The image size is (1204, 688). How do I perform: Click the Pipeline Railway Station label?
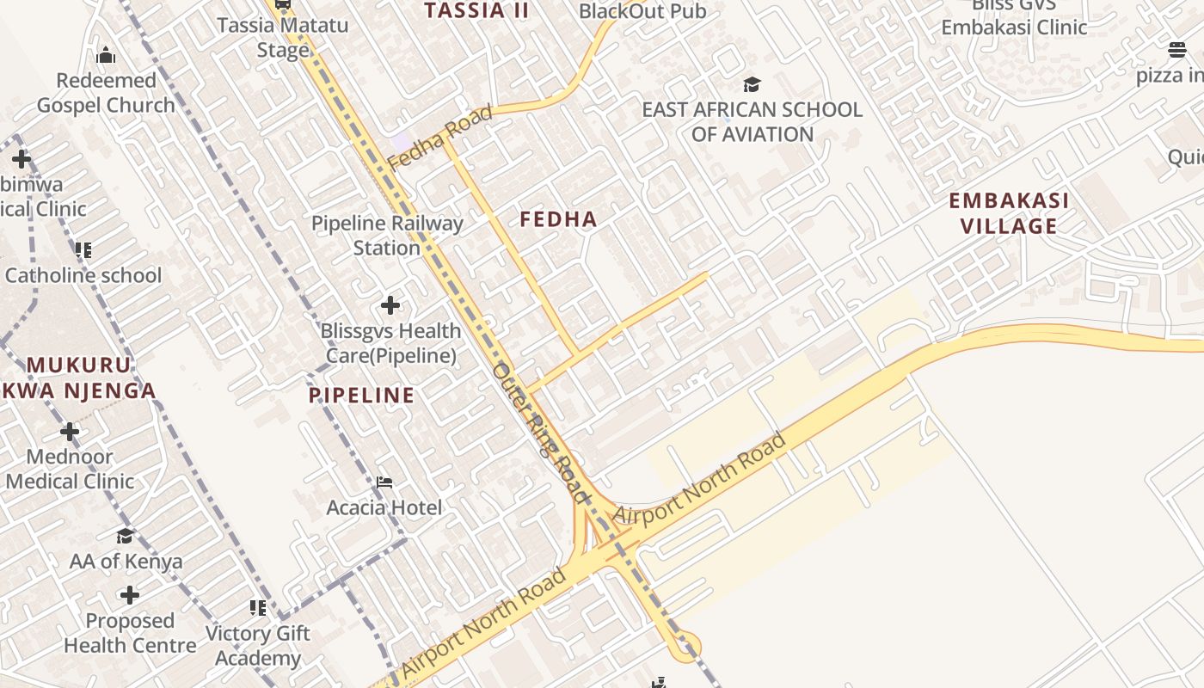pyautogui.click(x=387, y=236)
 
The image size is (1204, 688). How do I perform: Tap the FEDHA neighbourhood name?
pyautogui.click(x=558, y=219)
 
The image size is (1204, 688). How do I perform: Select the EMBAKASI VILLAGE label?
pyautogui.click(x=1009, y=213)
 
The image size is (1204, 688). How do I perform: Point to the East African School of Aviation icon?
pyautogui.click(x=752, y=84)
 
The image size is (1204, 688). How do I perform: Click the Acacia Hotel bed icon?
pyautogui.click(x=384, y=482)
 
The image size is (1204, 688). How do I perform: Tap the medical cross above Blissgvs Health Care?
pyautogui.click(x=390, y=305)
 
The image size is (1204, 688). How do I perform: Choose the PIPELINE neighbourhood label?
pyautogui.click(x=361, y=396)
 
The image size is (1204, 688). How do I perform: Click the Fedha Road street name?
pyautogui.click(x=439, y=137)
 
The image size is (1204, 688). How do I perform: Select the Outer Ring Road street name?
pyautogui.click(x=541, y=433)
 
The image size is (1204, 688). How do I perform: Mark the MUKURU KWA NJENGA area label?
pyautogui.click(x=82, y=378)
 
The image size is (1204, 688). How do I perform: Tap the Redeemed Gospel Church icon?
pyautogui.click(x=106, y=56)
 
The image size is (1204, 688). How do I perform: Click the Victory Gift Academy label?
pyautogui.click(x=258, y=646)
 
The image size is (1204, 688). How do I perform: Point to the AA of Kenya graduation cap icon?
pyautogui.click(x=126, y=537)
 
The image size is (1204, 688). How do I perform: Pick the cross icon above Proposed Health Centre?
pyautogui.click(x=130, y=595)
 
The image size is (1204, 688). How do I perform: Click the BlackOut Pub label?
pyautogui.click(x=642, y=11)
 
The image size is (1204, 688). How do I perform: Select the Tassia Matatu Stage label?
pyautogui.click(x=283, y=37)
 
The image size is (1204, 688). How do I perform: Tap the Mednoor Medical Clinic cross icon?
pyautogui.click(x=70, y=431)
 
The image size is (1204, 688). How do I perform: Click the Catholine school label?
pyautogui.click(x=83, y=275)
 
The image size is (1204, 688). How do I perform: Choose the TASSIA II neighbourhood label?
pyautogui.click(x=476, y=10)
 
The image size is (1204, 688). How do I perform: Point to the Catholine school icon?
pyautogui.click(x=83, y=250)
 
